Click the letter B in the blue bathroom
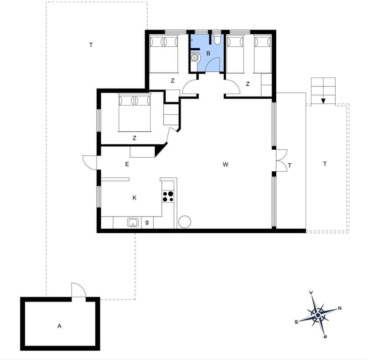point(208,54)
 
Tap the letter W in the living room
point(226,165)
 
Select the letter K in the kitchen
point(134,198)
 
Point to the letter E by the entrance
point(127,164)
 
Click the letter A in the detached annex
point(59,326)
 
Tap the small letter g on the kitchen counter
point(147,222)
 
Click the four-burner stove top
point(168,196)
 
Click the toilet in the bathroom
point(217,39)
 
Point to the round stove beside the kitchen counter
point(184,222)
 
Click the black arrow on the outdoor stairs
point(323,101)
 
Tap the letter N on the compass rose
point(339,308)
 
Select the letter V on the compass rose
point(311,293)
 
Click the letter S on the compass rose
point(296,322)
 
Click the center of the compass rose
point(318,315)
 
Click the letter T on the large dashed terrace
point(91,45)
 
